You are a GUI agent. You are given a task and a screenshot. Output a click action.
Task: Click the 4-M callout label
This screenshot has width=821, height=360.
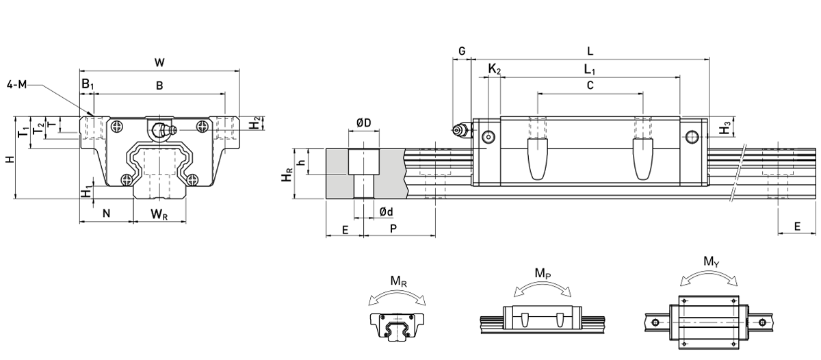coord(19,85)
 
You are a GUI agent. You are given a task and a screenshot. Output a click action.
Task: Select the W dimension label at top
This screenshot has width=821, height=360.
coord(159,62)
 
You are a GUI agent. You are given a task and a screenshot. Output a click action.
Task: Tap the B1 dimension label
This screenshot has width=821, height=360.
coord(87,84)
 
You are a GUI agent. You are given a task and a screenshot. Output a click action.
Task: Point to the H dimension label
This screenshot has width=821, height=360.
coord(8,159)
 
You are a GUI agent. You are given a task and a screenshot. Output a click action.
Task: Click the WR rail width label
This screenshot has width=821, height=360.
coord(159,214)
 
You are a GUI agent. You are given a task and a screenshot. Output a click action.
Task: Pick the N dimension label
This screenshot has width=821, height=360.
coord(106,214)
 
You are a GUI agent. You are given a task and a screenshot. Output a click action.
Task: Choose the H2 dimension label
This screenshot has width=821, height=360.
coord(255,124)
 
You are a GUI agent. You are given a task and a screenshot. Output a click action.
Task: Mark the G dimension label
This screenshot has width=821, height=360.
coord(462,51)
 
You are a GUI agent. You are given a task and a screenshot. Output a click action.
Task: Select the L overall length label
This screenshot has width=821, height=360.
coord(590,51)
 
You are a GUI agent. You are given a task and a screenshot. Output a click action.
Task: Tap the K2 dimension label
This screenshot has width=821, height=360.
coord(494,69)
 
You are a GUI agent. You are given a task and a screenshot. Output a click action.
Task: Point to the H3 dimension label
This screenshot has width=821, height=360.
coord(725,127)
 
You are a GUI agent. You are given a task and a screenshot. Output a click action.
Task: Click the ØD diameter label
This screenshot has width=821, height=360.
coord(363,123)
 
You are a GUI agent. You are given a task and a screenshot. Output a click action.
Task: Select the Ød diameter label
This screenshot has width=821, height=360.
coord(386,211)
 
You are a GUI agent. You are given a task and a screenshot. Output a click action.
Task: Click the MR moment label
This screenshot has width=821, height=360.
coord(396,281)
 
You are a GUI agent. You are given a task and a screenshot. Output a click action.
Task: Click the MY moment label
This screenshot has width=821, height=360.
coord(710,261)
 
